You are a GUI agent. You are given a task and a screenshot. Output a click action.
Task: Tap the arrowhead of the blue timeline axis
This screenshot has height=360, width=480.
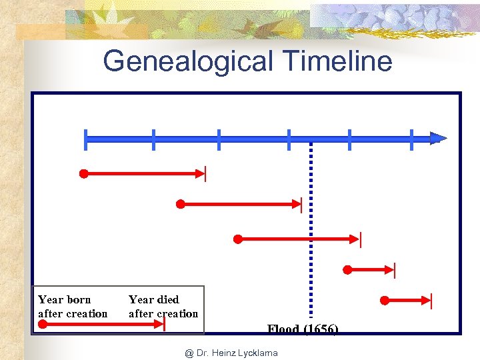(438, 139)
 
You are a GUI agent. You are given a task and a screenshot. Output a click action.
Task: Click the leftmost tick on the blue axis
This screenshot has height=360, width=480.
(86, 139)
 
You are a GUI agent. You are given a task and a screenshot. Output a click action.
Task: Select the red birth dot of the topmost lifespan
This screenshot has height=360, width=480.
(84, 174)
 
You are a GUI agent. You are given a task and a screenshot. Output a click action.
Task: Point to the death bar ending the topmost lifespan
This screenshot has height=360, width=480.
(206, 174)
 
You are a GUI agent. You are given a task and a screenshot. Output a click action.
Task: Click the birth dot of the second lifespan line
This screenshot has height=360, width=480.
(180, 204)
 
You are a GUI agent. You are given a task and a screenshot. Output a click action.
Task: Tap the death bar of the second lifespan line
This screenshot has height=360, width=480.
(302, 205)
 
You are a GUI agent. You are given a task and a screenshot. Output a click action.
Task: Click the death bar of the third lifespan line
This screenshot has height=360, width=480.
(360, 239)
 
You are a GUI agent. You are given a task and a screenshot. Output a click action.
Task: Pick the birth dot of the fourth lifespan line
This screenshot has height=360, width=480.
(347, 270)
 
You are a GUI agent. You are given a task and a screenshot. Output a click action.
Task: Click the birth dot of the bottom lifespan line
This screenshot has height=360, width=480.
(384, 301)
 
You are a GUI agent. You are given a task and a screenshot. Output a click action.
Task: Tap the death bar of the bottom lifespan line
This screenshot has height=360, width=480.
(431, 301)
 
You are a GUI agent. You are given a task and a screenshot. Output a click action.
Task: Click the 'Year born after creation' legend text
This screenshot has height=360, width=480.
(73, 307)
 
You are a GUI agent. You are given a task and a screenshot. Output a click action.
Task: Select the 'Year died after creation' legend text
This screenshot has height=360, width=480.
(163, 307)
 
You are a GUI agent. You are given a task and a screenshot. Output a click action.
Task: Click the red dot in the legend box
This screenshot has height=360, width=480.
(43, 325)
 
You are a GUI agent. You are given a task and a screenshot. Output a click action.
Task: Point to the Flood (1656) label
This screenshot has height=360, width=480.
(303, 329)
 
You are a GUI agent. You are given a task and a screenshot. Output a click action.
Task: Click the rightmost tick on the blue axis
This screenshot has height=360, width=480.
(412, 139)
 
